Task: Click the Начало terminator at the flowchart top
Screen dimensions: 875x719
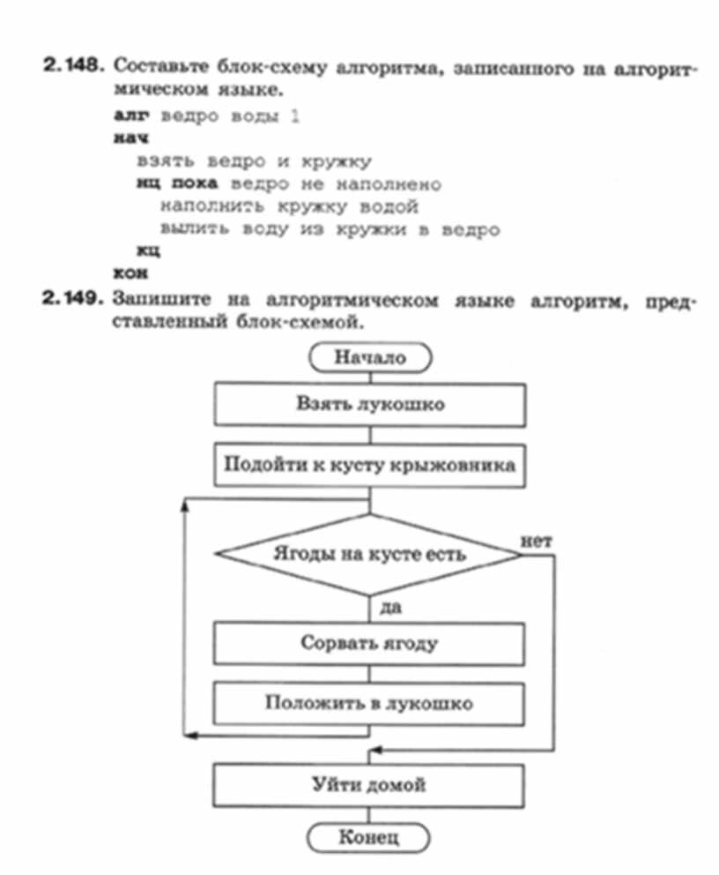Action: [x=369, y=357]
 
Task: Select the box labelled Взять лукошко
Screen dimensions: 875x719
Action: [x=369, y=405]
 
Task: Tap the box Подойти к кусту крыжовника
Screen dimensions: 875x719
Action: [x=369, y=464]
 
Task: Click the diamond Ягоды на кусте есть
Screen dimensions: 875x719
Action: [x=369, y=556]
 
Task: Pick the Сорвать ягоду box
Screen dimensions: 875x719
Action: [x=369, y=643]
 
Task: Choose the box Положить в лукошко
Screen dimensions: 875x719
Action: [x=369, y=703]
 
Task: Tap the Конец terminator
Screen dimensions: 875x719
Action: [x=369, y=836]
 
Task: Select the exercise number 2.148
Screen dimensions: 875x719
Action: [x=75, y=67]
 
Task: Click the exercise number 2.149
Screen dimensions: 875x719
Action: [x=75, y=300]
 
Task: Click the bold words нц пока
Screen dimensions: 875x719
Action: [x=176, y=184]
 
